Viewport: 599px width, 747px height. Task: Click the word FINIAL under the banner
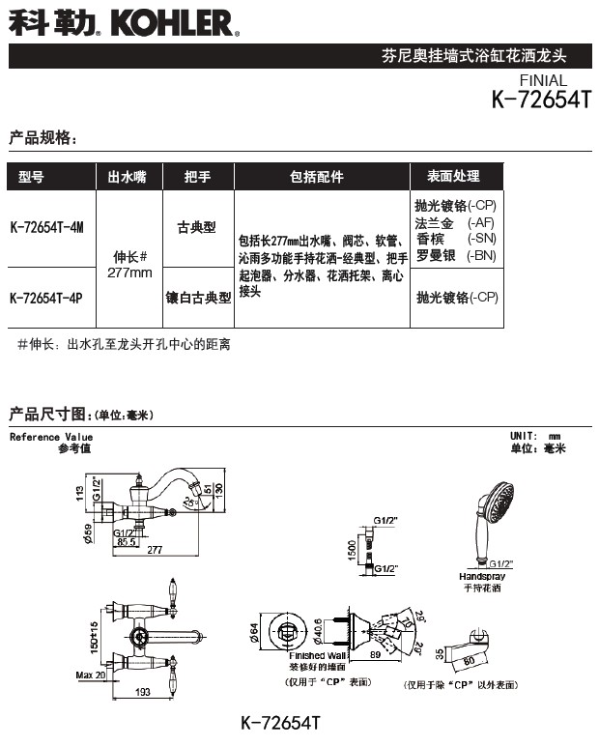click(x=543, y=80)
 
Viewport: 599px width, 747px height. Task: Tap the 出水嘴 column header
click(x=126, y=177)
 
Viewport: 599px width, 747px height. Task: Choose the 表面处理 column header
click(x=453, y=177)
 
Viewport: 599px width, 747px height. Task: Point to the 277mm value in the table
click(x=129, y=273)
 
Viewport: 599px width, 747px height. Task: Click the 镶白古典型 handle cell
click(x=197, y=299)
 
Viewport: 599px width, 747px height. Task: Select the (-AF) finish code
click(x=480, y=222)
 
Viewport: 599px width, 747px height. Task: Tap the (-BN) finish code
click(x=480, y=256)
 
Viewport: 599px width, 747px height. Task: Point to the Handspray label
click(x=481, y=576)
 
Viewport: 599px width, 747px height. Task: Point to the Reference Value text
click(x=51, y=437)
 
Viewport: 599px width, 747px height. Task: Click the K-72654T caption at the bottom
click(x=279, y=722)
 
